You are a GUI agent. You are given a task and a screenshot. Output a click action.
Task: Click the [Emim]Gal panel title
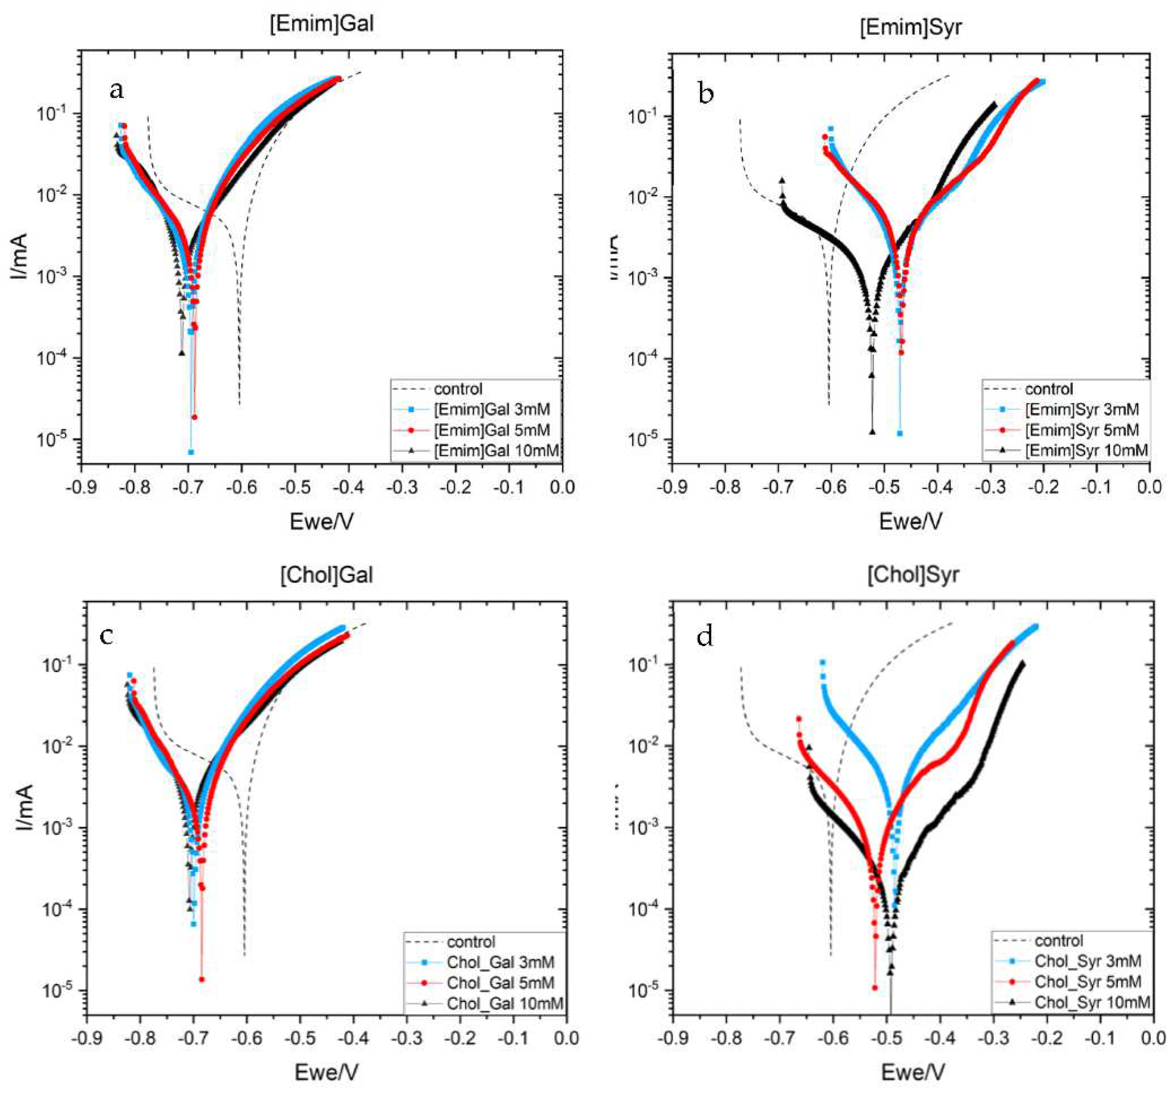[x=321, y=23]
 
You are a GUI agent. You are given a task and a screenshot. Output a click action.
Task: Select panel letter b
[x=706, y=93]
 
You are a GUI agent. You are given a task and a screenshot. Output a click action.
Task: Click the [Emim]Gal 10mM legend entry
[x=496, y=451]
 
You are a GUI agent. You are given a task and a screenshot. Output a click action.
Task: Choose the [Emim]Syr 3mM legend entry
[x=1081, y=410]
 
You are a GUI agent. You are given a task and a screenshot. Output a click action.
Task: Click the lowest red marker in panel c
[x=202, y=979]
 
